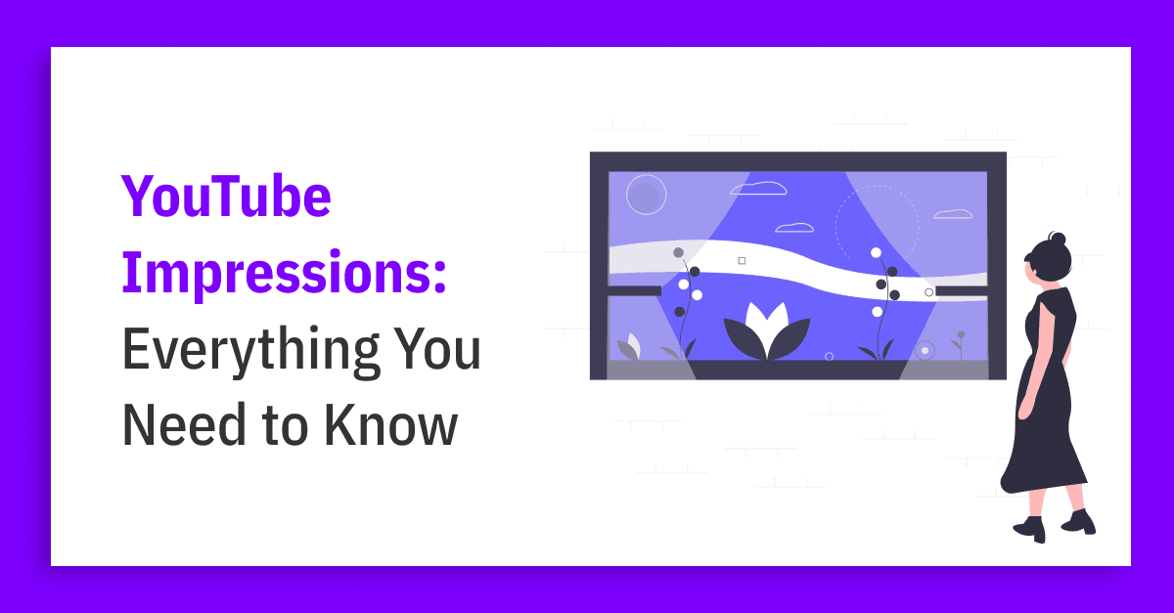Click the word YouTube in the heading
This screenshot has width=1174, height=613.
pos(226,196)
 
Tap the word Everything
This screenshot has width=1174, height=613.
pos(250,350)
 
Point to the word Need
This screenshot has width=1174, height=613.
pos(184,424)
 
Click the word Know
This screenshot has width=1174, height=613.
pos(391,424)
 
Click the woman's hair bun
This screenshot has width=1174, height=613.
pos(1058,239)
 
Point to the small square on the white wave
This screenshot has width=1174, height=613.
pos(742,260)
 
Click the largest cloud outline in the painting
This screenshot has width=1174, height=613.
pos(758,188)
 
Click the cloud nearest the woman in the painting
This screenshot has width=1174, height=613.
pos(953,214)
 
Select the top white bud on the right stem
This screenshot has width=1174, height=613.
pos(876,252)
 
